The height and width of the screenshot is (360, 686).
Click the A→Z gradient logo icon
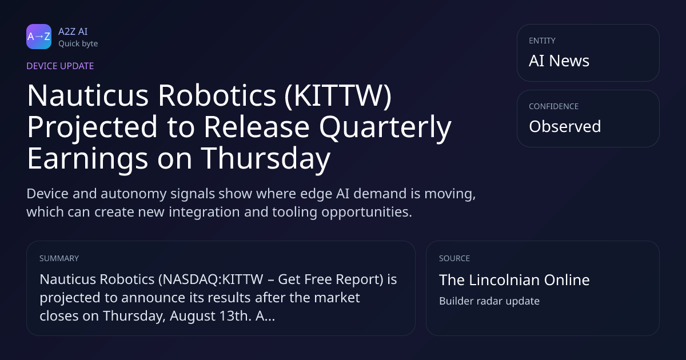pos(39,37)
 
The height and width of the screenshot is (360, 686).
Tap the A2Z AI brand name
pos(73,31)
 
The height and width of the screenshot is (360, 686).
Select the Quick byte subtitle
pos(78,44)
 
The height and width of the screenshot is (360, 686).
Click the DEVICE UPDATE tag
pos(60,66)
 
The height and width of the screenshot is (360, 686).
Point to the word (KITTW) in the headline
pos(338,95)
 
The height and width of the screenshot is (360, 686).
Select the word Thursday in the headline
pos(265,159)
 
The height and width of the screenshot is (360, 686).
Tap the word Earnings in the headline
pos(87,159)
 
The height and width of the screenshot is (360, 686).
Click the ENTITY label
pos(542,41)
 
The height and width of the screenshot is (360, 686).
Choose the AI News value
pos(559,61)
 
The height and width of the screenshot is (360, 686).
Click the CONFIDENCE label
pos(554,106)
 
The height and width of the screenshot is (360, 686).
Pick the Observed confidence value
pos(565,126)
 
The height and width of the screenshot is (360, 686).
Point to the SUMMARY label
pos(59,258)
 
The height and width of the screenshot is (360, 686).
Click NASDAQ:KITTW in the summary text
pos(211,279)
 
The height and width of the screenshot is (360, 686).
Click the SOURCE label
pos(454,258)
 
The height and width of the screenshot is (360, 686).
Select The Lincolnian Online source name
pos(514,280)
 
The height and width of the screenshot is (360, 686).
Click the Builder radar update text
pos(489,301)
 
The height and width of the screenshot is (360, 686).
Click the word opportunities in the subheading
pos(366,212)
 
